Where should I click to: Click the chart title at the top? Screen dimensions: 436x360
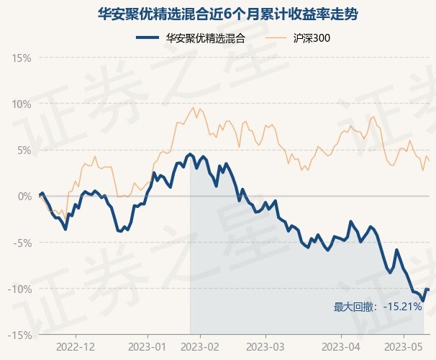pyautogui.click(x=227, y=14)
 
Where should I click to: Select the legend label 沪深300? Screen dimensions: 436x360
pyautogui.click(x=312, y=38)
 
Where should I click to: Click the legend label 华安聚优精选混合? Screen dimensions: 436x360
pyautogui.click(x=206, y=38)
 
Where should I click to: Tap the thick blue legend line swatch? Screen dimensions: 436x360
pyautogui.click(x=147, y=38)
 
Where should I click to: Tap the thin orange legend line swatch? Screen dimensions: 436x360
pyautogui.click(x=276, y=38)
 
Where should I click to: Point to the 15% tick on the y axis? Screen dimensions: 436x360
pyautogui.click(x=21, y=58)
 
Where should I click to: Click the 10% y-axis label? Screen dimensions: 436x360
pyautogui.click(x=21, y=104)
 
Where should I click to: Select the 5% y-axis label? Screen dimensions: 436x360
pyautogui.click(x=24, y=150)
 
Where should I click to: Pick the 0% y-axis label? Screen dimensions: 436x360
pyautogui.click(x=24, y=197)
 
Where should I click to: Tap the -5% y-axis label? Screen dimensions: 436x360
pyautogui.click(x=22, y=243)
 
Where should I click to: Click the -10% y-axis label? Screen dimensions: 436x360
pyautogui.click(x=19, y=289)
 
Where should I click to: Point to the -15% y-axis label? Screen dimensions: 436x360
pyautogui.click(x=19, y=336)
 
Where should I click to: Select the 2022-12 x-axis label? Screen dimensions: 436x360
pyautogui.click(x=76, y=347)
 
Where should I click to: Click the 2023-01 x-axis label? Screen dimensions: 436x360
pyautogui.click(x=147, y=347)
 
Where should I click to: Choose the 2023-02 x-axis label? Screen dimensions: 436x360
pyautogui.click(x=200, y=347)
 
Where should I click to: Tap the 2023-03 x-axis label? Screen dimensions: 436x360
pyautogui.click(x=265, y=347)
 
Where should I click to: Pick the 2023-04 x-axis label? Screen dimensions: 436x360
pyautogui.click(x=341, y=347)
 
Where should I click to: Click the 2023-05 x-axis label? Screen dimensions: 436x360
pyautogui.click(x=404, y=347)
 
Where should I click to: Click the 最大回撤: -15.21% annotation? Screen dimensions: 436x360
pyautogui.click(x=378, y=307)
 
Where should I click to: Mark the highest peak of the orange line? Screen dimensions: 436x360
pyautogui.click(x=194, y=107)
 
